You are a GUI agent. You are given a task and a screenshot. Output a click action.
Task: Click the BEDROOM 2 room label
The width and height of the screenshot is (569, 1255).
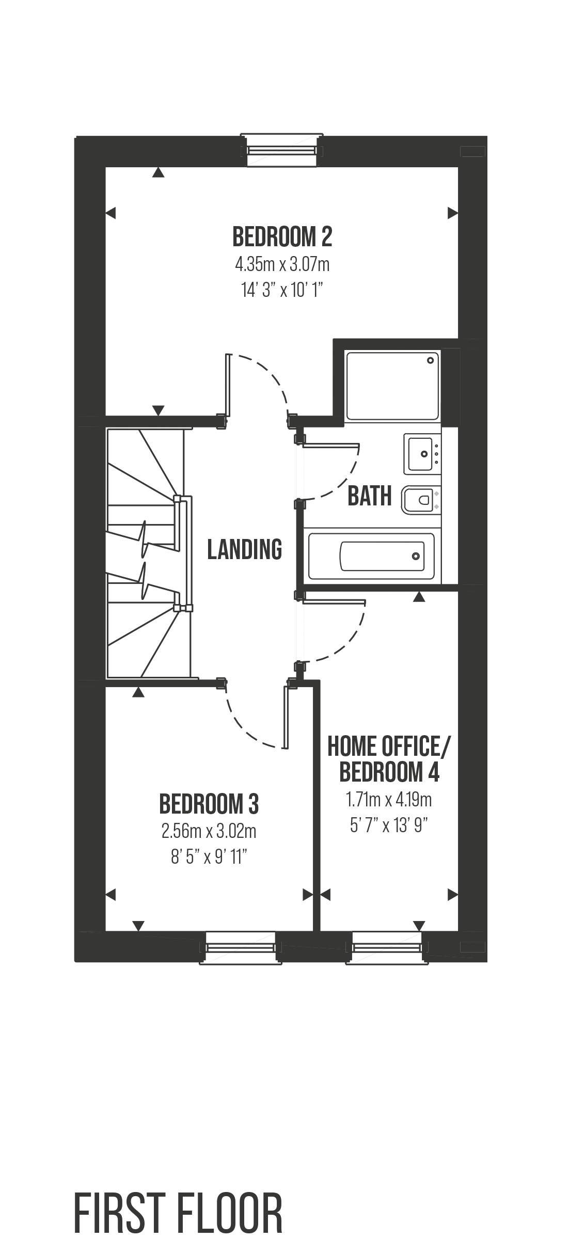tap(282, 237)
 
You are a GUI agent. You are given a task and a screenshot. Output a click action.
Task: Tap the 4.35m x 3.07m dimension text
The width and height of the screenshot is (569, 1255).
tap(282, 265)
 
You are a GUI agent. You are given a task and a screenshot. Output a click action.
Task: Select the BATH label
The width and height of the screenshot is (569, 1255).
tap(370, 496)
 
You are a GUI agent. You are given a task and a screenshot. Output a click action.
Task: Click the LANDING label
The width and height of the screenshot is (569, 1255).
tap(245, 549)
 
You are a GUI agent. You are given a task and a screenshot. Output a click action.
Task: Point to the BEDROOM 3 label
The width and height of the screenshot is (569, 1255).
tap(209, 804)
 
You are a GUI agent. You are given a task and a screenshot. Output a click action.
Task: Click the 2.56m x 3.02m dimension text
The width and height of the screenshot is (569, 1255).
tap(209, 831)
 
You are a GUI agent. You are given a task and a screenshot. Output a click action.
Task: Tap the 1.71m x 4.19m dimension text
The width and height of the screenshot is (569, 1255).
tap(389, 800)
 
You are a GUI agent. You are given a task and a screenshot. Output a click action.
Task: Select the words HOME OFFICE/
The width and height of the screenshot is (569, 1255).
tap(389, 746)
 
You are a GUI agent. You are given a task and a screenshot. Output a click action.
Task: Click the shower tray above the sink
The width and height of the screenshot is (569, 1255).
tap(392, 385)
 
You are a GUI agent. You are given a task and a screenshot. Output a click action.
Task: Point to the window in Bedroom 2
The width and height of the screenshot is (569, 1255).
tap(282, 150)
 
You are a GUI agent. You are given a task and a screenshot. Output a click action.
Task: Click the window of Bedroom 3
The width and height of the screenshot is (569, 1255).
tap(240, 947)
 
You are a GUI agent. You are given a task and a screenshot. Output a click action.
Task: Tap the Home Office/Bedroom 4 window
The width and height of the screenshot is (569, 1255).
tap(387, 947)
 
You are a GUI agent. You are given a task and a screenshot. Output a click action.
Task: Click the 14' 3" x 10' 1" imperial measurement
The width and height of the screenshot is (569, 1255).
tap(282, 291)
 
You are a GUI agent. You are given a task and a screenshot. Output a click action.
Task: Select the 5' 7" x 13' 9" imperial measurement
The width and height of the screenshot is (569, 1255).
tap(389, 826)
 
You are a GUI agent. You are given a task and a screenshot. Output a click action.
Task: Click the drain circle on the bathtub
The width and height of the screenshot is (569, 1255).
tap(416, 556)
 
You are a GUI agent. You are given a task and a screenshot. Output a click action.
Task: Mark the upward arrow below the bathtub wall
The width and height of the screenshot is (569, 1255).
tap(419, 597)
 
